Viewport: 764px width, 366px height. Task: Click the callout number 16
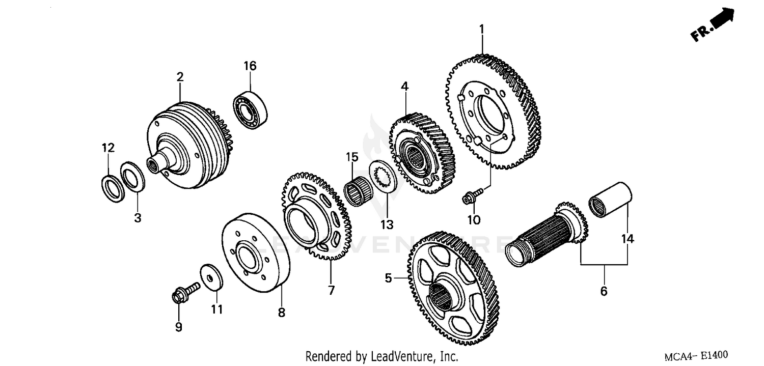[250, 66]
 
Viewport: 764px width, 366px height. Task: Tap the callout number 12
[107, 148]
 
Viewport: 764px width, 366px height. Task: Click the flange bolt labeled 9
[181, 295]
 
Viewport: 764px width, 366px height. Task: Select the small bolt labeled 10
[469, 198]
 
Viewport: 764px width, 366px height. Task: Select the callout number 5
[388, 278]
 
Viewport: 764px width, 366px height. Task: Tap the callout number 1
[481, 30]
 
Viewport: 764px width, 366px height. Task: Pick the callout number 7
[331, 291]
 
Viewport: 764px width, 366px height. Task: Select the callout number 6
[604, 292]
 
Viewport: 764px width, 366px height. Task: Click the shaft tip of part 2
[153, 164]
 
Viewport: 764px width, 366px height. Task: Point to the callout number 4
[404, 87]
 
